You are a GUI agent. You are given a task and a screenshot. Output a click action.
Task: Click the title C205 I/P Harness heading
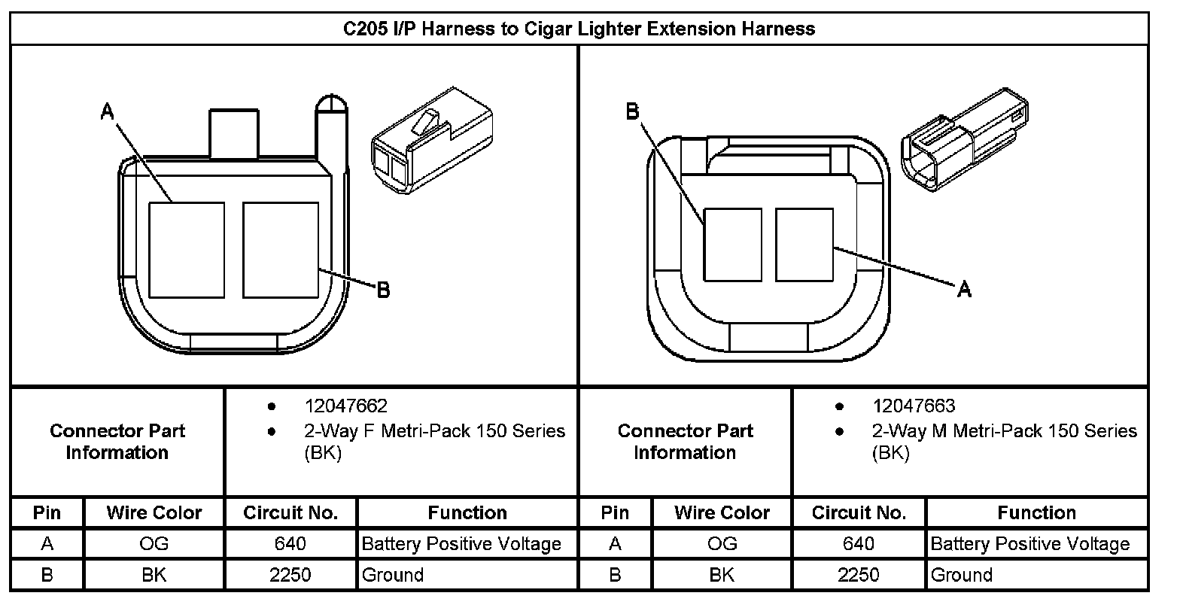579,29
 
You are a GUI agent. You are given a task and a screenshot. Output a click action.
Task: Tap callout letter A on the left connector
108,111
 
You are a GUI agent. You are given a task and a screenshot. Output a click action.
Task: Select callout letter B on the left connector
384,290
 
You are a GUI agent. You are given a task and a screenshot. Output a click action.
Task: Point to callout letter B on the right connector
632,111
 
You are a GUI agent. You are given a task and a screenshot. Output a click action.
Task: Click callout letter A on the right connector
964,289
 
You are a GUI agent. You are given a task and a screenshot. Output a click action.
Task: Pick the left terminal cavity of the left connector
187,251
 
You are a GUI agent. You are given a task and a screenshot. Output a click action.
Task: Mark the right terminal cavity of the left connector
281,251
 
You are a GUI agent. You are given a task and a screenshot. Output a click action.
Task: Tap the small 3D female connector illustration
432,141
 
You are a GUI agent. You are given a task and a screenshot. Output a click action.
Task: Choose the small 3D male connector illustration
965,140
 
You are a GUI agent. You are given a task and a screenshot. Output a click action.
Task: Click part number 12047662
345,406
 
